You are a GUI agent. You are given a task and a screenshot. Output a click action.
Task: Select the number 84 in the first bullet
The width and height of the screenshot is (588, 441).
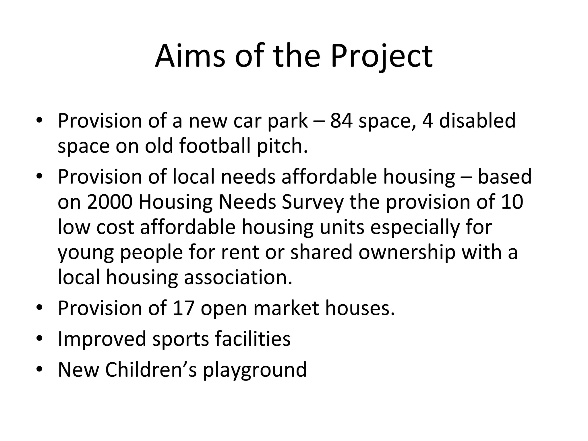point(341,121)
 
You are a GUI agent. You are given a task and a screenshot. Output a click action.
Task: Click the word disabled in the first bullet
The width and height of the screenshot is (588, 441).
point(477,121)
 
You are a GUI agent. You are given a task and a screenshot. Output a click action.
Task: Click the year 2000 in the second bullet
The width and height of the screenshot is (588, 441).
point(109,202)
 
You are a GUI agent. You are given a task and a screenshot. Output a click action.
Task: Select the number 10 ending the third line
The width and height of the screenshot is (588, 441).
point(512,202)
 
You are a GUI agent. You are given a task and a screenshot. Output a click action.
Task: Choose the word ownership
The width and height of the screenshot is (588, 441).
point(407,252)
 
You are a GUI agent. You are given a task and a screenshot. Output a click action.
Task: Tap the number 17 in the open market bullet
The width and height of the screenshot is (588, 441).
point(184,308)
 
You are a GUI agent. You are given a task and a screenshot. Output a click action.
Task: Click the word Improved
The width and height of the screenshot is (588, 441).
point(102,339)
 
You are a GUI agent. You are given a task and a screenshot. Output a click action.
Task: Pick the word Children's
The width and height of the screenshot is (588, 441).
point(151,370)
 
